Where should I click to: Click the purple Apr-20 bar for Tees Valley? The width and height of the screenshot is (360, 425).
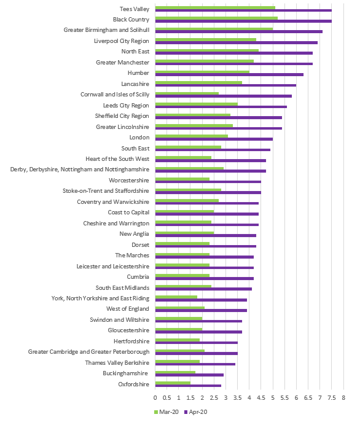243,10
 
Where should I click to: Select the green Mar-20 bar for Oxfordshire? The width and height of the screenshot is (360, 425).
173,383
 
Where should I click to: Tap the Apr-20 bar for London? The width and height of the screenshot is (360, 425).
214,139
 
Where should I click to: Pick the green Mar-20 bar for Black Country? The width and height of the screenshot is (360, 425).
216,18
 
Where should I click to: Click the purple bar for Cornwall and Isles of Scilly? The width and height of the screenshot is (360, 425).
224,96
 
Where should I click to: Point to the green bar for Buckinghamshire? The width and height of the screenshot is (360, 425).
175,372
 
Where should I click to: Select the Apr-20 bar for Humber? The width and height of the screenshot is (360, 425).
229,74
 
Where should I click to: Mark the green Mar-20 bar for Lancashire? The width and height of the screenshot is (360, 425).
198,83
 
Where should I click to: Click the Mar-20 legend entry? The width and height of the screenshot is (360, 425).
166,412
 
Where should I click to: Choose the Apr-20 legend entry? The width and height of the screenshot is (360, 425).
195,412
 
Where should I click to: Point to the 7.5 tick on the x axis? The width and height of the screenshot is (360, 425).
332,397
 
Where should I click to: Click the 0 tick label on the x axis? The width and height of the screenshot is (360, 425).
155,397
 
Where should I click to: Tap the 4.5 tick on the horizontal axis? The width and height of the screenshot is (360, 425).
260,397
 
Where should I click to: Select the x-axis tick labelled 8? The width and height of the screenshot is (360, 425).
343,397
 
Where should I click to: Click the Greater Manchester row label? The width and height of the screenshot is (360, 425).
122,63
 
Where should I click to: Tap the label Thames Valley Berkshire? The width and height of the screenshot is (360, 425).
117,362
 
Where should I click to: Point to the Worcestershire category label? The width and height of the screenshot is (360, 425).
129,180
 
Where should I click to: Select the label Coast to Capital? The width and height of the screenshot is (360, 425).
128,212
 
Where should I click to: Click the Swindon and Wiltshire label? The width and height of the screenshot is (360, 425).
120,319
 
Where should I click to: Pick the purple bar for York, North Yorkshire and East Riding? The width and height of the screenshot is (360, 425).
201,300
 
